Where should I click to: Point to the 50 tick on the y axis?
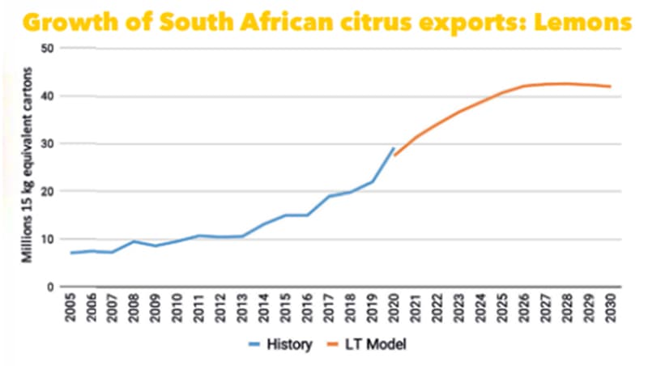click(47, 48)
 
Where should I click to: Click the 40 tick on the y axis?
click(47, 96)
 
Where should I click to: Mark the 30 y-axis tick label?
click(47, 144)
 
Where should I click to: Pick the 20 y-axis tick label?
click(47, 192)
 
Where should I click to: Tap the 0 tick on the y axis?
click(50, 287)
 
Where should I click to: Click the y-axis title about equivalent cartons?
click(28, 170)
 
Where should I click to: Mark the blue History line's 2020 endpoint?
click(394, 148)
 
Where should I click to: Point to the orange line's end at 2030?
click(610, 87)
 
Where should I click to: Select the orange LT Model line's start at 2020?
click(394, 155)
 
